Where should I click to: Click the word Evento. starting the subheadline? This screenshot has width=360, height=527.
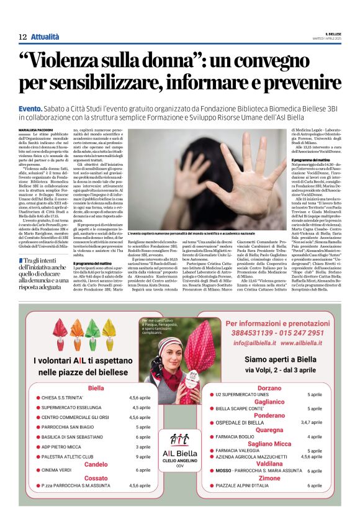30,108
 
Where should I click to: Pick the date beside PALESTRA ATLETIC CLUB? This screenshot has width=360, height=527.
143,456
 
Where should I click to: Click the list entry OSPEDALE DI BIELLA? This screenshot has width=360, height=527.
240,423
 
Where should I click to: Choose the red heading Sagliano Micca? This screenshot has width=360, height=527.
269,443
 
